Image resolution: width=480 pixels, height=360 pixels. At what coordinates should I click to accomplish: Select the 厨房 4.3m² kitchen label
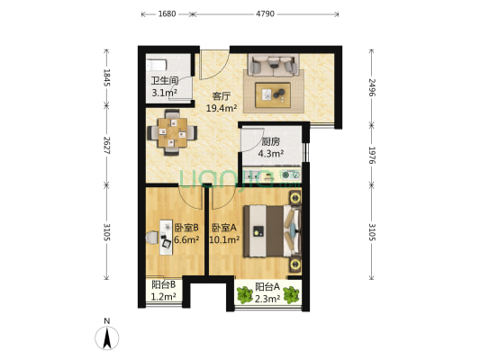coord(271,147)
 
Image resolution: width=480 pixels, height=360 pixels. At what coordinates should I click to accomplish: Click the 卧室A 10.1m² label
coord(225,233)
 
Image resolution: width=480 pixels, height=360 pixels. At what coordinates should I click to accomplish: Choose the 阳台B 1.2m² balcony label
coord(163,291)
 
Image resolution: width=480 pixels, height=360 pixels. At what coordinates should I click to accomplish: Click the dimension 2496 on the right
coord(372,88)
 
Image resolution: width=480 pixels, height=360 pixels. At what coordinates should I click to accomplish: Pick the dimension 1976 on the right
coord(372,156)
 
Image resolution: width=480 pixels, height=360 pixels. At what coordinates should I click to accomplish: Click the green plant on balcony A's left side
coord(244,293)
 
